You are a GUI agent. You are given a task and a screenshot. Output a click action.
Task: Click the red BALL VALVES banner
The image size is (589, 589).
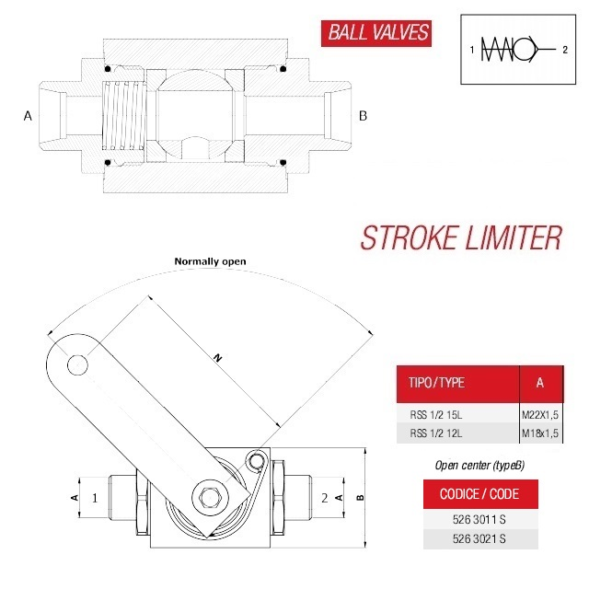[376, 33]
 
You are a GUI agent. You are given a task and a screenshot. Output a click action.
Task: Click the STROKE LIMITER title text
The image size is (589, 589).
[460, 237]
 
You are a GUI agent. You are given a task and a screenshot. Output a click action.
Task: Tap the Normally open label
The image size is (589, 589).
[211, 261]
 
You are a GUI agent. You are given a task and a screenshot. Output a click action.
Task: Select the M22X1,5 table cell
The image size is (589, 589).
[540, 415]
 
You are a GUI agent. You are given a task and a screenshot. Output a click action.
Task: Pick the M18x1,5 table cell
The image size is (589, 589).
[540, 433]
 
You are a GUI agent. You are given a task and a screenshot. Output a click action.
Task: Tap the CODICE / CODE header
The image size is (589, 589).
[479, 494]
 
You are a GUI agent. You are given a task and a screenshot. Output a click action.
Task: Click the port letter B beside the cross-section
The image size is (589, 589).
[363, 116]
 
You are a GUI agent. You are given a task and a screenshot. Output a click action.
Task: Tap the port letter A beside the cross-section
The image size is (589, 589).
[28, 116]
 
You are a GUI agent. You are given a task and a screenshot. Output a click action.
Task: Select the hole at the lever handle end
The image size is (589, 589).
[78, 365]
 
